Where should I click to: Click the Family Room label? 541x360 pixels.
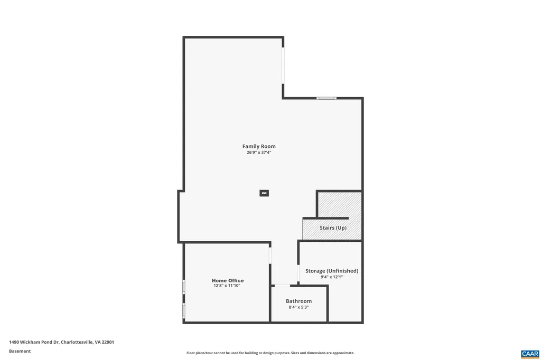pyautogui.click(x=259, y=146)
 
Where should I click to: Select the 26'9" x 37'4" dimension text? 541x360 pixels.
pyautogui.click(x=259, y=153)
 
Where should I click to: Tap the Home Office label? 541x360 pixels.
pyautogui.click(x=228, y=280)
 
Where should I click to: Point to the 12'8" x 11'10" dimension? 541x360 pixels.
pyautogui.click(x=227, y=286)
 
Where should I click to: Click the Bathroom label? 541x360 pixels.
pyautogui.click(x=299, y=301)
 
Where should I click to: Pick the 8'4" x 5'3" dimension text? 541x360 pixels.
pyautogui.click(x=299, y=307)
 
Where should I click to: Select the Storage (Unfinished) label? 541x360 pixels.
pyautogui.click(x=332, y=271)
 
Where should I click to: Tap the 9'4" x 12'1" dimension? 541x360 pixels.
pyautogui.click(x=331, y=277)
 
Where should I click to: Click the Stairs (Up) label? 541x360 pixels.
pyautogui.click(x=333, y=228)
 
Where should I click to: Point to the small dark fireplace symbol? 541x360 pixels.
pyautogui.click(x=264, y=193)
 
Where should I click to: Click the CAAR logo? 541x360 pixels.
pyautogui.click(x=529, y=353)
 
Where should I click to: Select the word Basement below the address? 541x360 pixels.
pyautogui.click(x=20, y=351)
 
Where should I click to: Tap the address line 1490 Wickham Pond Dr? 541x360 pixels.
pyautogui.click(x=61, y=342)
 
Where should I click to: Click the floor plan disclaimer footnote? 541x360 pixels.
pyautogui.click(x=270, y=353)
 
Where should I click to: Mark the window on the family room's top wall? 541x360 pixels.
pyautogui.click(x=327, y=98)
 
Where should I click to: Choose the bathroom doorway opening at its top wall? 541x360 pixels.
pyautogui.click(x=282, y=286)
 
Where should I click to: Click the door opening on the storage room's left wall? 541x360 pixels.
pyautogui.click(x=299, y=274)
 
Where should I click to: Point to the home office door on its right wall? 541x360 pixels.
pyautogui.click(x=270, y=255)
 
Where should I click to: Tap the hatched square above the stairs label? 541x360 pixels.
pyautogui.click(x=339, y=204)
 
